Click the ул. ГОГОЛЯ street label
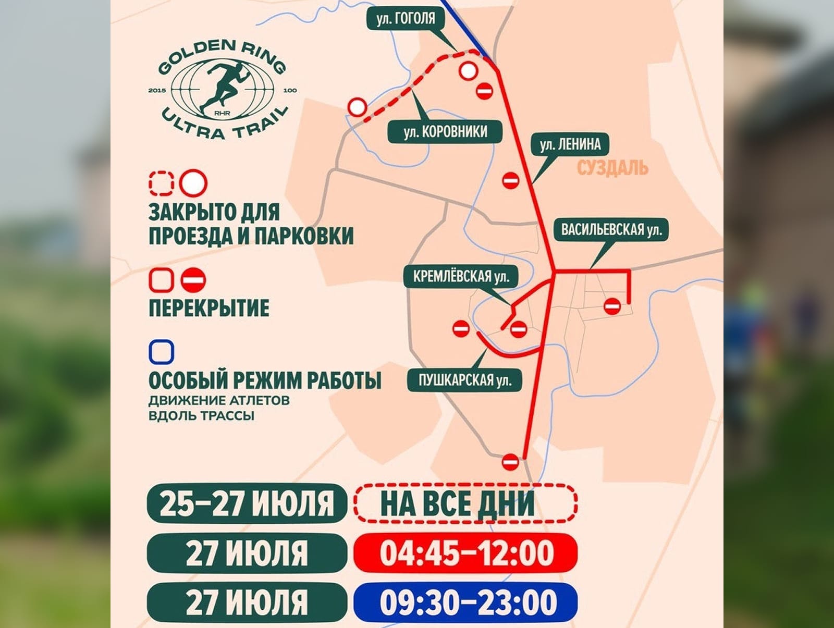(x=405, y=19)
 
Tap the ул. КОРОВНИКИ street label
(x=445, y=132)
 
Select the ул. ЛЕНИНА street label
(x=570, y=144)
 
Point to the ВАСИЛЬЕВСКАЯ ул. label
(x=611, y=230)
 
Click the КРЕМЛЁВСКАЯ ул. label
(x=461, y=276)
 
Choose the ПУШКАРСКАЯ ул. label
(x=464, y=380)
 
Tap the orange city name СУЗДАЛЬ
(x=612, y=168)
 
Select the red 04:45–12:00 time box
(x=465, y=552)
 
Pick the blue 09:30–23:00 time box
(x=465, y=602)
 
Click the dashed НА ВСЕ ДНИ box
(x=465, y=503)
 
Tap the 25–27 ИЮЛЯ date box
(x=247, y=503)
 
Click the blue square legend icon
(x=161, y=352)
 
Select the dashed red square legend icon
(x=161, y=183)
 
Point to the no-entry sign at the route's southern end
(x=510, y=462)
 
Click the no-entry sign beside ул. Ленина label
(x=510, y=181)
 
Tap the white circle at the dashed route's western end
(x=357, y=107)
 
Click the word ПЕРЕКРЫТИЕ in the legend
(x=209, y=307)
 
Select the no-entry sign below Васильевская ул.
(x=612, y=306)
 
